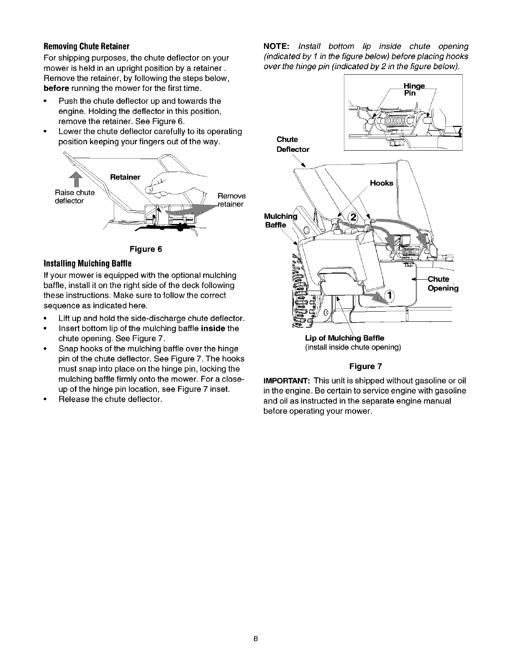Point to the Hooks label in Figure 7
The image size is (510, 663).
pos(381,183)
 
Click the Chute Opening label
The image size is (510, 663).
pos(442,284)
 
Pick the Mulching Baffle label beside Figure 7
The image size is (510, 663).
pos(280,221)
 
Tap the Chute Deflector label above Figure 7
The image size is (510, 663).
pos(293,144)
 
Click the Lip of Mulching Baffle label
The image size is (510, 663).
pos(344,338)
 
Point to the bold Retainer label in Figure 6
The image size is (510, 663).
pos(125,177)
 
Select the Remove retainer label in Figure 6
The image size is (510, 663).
pos(231,200)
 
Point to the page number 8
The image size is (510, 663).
pos(255,639)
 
